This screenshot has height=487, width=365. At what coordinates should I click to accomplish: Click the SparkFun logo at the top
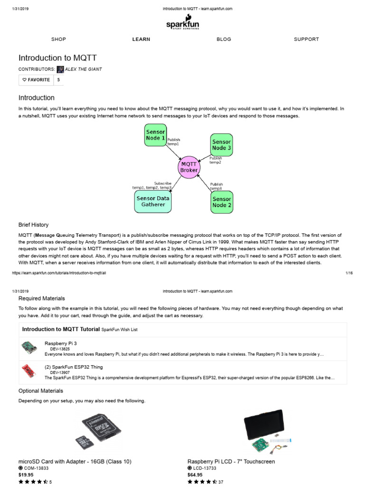pos(182,23)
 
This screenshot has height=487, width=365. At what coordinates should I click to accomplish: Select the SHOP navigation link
pos(58,39)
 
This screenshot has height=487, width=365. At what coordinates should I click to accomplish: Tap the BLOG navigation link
pos(223,39)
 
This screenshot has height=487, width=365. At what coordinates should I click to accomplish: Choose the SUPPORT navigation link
pos(306,39)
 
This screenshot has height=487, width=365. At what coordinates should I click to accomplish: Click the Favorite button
pos(36,80)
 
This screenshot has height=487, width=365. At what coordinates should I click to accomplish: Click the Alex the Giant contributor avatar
pos(60,69)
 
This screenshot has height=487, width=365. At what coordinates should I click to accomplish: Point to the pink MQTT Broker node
pos(189,166)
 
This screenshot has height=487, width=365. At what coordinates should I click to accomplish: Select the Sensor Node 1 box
pos(155,135)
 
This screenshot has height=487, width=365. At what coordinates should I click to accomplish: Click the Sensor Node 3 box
pos(221,145)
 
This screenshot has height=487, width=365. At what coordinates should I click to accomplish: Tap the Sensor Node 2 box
pos(221,202)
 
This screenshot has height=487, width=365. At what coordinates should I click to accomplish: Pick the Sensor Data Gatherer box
pos(153,201)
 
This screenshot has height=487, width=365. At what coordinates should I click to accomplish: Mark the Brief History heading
pos(33,224)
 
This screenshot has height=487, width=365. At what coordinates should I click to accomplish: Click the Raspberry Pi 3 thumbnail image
pos(29,348)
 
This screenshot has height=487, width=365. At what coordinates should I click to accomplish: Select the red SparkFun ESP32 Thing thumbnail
pos(29,370)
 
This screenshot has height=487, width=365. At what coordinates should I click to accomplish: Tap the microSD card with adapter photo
pos(99,432)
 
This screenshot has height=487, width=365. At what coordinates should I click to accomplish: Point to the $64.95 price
pos(195,475)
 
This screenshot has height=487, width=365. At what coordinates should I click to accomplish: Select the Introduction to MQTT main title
pos(58,58)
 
